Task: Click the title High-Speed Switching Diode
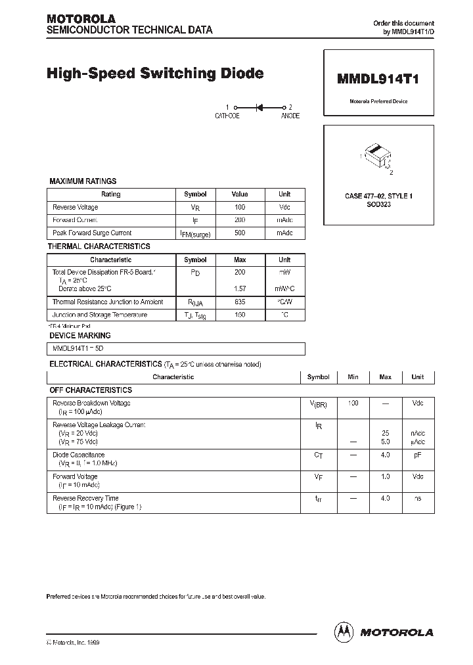pos(155,74)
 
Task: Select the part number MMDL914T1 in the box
pos(378,80)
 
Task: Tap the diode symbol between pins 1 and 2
pos(259,107)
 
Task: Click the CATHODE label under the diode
pos(227,116)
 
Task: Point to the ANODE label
pos(290,116)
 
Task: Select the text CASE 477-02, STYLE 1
pos(378,196)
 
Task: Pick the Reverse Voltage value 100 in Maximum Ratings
pos(240,207)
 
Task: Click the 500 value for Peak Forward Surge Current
pos(240,233)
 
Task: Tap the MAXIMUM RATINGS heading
pos(83,181)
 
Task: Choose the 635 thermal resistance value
pos(240,302)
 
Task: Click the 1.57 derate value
pos(240,288)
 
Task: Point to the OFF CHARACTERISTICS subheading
pos(91,390)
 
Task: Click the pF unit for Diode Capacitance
pos(417,455)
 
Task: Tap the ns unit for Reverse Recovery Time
pos(417,499)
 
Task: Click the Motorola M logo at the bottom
pos(344,631)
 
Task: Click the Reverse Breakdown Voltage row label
pos(91,403)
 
